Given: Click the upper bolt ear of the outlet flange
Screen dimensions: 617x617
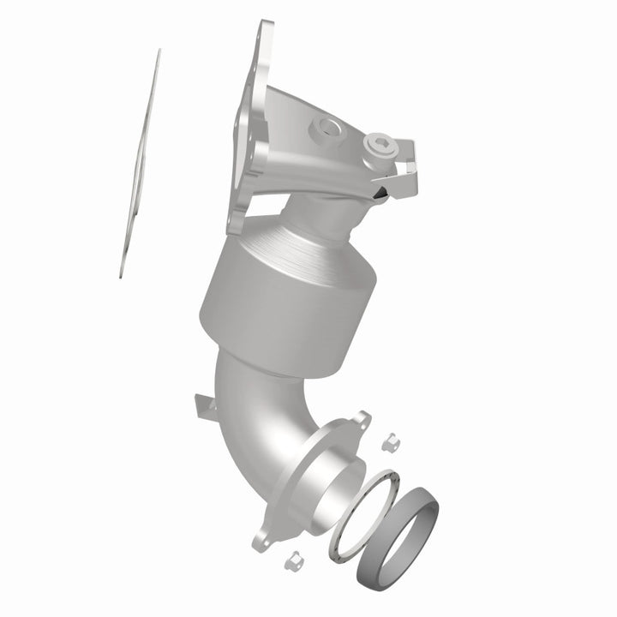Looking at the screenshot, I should pyautogui.click(x=363, y=420).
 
